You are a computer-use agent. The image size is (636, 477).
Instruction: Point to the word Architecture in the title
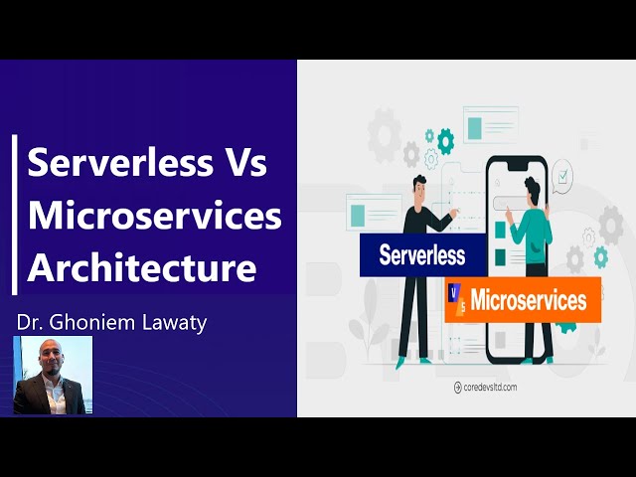point(141,267)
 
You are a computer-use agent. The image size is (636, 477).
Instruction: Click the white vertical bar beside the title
point(15,215)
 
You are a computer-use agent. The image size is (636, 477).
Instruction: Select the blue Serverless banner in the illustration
point(421,255)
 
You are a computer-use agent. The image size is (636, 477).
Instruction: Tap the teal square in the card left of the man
point(355,212)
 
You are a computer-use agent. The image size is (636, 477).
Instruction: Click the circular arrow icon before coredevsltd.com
point(458,387)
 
